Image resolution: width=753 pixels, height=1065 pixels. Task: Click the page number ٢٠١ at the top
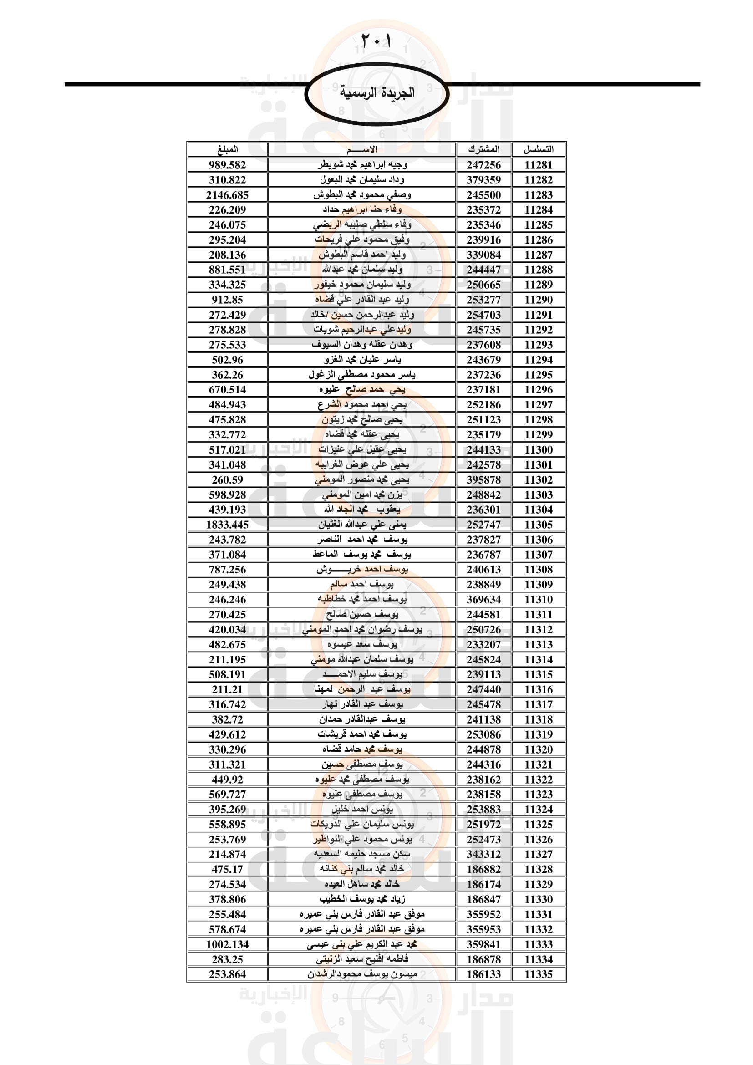[376, 41]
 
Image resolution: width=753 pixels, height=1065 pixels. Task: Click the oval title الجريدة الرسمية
[377, 93]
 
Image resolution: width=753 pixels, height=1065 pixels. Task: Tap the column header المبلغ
[227, 149]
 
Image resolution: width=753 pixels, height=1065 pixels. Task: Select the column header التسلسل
[538, 149]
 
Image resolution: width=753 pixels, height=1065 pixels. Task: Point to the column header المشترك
[483, 149]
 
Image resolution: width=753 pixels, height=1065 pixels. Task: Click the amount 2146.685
[227, 195]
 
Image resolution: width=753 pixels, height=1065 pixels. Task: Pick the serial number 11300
[538, 449]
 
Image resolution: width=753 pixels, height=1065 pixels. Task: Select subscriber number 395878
[483, 479]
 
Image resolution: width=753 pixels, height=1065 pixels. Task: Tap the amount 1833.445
[227, 525]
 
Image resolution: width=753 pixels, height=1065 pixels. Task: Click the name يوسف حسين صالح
[362, 615]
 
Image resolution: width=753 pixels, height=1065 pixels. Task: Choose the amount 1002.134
[227, 944]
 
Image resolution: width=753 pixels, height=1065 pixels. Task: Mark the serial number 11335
[538, 974]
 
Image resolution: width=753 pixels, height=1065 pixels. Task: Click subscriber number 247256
[483, 165]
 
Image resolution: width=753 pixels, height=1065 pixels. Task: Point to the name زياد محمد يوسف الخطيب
[362, 899]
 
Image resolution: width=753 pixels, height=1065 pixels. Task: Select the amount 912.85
[227, 300]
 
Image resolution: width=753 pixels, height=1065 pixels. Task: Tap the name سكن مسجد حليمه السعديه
[362, 854]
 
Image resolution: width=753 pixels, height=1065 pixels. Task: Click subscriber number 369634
[483, 599]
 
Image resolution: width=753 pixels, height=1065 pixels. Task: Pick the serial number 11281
[538, 165]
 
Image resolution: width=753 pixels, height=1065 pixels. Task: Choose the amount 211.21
[227, 689]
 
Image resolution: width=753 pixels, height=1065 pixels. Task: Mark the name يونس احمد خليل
[362, 810]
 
